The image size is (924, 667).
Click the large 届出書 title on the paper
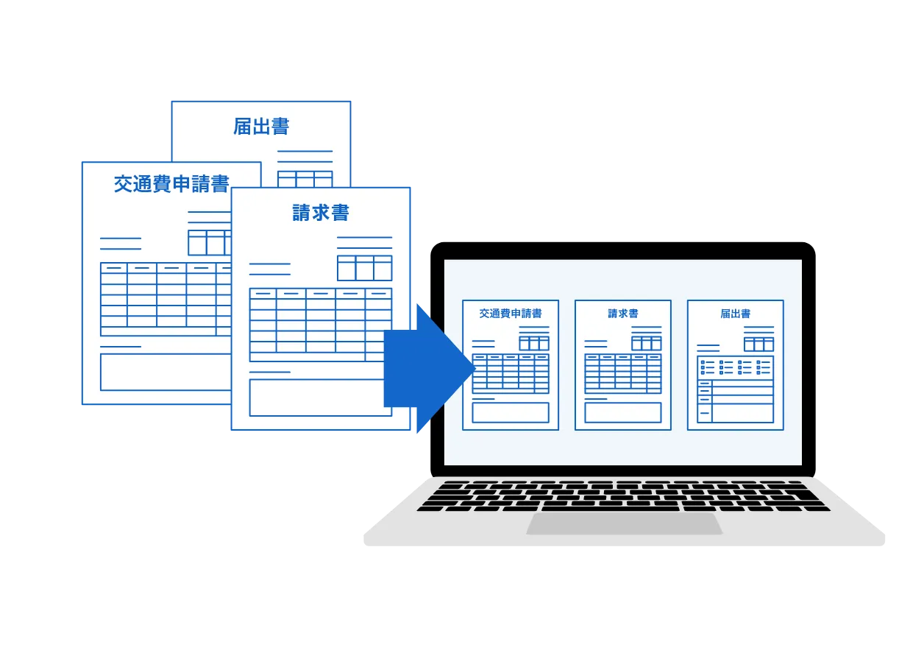coord(261,127)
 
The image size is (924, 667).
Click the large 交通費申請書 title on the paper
coord(171,183)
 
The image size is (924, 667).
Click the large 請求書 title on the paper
coord(321,213)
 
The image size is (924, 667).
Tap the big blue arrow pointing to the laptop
coord(429,369)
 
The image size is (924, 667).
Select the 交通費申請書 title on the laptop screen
coord(511,314)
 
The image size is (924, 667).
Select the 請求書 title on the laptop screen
coord(623,314)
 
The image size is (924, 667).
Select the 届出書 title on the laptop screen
coord(735,314)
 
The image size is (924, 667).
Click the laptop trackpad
coord(624,523)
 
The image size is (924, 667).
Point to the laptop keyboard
coord(624,495)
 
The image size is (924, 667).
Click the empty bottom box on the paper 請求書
coord(321,398)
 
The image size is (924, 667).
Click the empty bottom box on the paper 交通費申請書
coord(166,372)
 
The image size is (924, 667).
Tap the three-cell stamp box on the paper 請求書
coord(365,268)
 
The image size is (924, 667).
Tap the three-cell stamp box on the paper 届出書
coord(305,179)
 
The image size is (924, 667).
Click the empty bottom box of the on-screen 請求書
coord(623,412)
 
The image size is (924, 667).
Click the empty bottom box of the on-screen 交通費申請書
coord(511,412)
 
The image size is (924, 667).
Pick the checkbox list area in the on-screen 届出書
coord(735,367)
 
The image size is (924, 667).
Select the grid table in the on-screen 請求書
coord(623,373)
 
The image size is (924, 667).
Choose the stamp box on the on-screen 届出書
coord(758,345)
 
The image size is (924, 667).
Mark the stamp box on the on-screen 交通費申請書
coord(534,343)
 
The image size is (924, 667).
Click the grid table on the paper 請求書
coord(321,325)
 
